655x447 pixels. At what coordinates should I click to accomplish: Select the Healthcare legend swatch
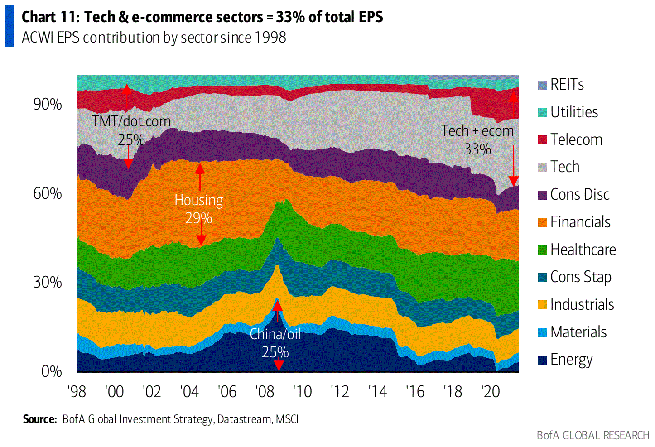(x=542, y=250)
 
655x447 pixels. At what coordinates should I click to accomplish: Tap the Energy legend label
(x=571, y=360)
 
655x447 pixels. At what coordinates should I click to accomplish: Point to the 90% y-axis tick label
(x=48, y=104)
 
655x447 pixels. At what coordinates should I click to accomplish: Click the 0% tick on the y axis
(x=51, y=371)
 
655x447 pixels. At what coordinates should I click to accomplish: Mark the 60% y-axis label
(x=48, y=193)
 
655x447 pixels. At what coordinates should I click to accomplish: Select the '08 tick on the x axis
(x=265, y=391)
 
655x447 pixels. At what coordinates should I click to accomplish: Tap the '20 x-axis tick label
(x=491, y=391)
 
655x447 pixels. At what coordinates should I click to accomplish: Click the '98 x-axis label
(x=77, y=391)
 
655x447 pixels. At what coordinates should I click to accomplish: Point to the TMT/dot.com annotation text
(x=131, y=121)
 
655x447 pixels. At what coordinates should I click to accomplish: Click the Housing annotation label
(x=199, y=200)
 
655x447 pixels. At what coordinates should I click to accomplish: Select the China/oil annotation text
(x=275, y=334)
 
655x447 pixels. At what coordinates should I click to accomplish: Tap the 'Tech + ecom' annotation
(x=477, y=131)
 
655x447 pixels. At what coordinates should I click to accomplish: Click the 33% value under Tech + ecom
(x=477, y=149)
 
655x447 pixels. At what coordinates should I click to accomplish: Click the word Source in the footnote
(x=40, y=419)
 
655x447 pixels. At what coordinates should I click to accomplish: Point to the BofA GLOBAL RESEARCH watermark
(x=593, y=435)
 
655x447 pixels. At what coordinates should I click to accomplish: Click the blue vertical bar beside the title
(x=10, y=27)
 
